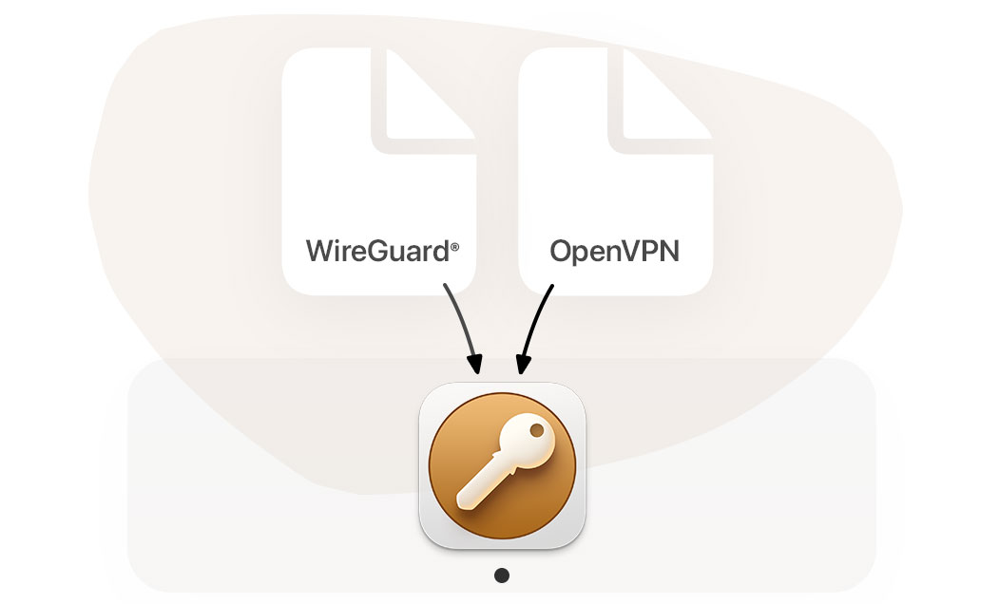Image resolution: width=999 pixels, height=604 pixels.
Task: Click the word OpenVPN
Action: click(x=616, y=253)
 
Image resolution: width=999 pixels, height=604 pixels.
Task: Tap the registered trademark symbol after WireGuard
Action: click(x=455, y=247)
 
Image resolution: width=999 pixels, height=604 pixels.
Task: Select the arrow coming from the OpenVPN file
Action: click(x=534, y=323)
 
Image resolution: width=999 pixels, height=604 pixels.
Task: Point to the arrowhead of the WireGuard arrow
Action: click(x=476, y=366)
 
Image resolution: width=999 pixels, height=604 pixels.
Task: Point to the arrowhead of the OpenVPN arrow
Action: click(x=520, y=366)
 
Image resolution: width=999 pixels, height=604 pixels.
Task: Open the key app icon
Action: click(x=502, y=466)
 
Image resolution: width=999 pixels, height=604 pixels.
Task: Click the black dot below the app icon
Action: click(x=502, y=575)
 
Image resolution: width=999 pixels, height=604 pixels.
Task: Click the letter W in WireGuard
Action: click(x=319, y=253)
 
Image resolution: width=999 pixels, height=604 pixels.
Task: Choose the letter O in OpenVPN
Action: click(x=562, y=253)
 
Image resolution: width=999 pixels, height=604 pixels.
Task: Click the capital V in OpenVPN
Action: click(x=635, y=253)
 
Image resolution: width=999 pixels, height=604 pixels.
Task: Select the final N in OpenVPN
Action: click(x=671, y=253)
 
